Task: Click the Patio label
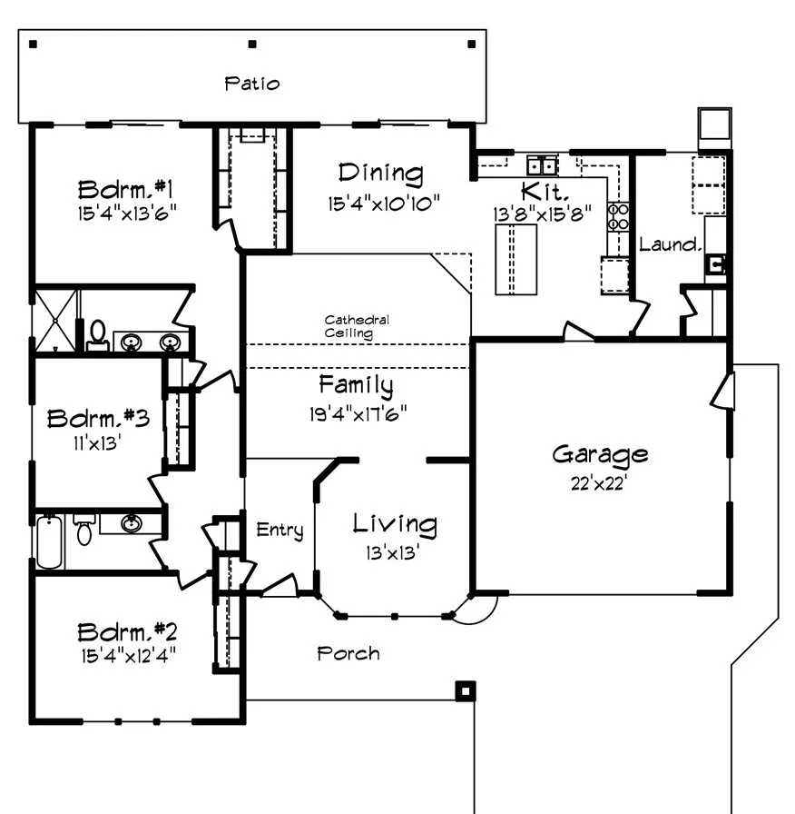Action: [x=252, y=84]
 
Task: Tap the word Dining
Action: [x=381, y=173]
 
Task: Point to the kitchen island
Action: [x=515, y=259]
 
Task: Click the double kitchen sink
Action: [x=543, y=165]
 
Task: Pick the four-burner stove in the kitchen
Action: [x=618, y=216]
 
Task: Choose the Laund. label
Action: [x=670, y=244]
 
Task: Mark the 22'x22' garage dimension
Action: [x=599, y=482]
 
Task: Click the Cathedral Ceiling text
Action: [x=358, y=326]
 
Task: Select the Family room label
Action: [x=356, y=385]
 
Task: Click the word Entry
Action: [x=279, y=530]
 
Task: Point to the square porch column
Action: [x=465, y=691]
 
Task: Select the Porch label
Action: [x=348, y=653]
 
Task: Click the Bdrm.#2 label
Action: [x=126, y=631]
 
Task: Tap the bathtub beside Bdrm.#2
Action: [x=48, y=541]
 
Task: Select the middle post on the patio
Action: [x=252, y=44]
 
